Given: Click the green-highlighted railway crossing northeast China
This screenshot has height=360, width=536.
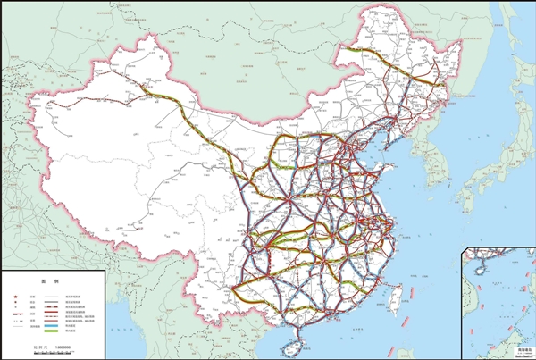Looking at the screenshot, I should (x=393, y=68).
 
